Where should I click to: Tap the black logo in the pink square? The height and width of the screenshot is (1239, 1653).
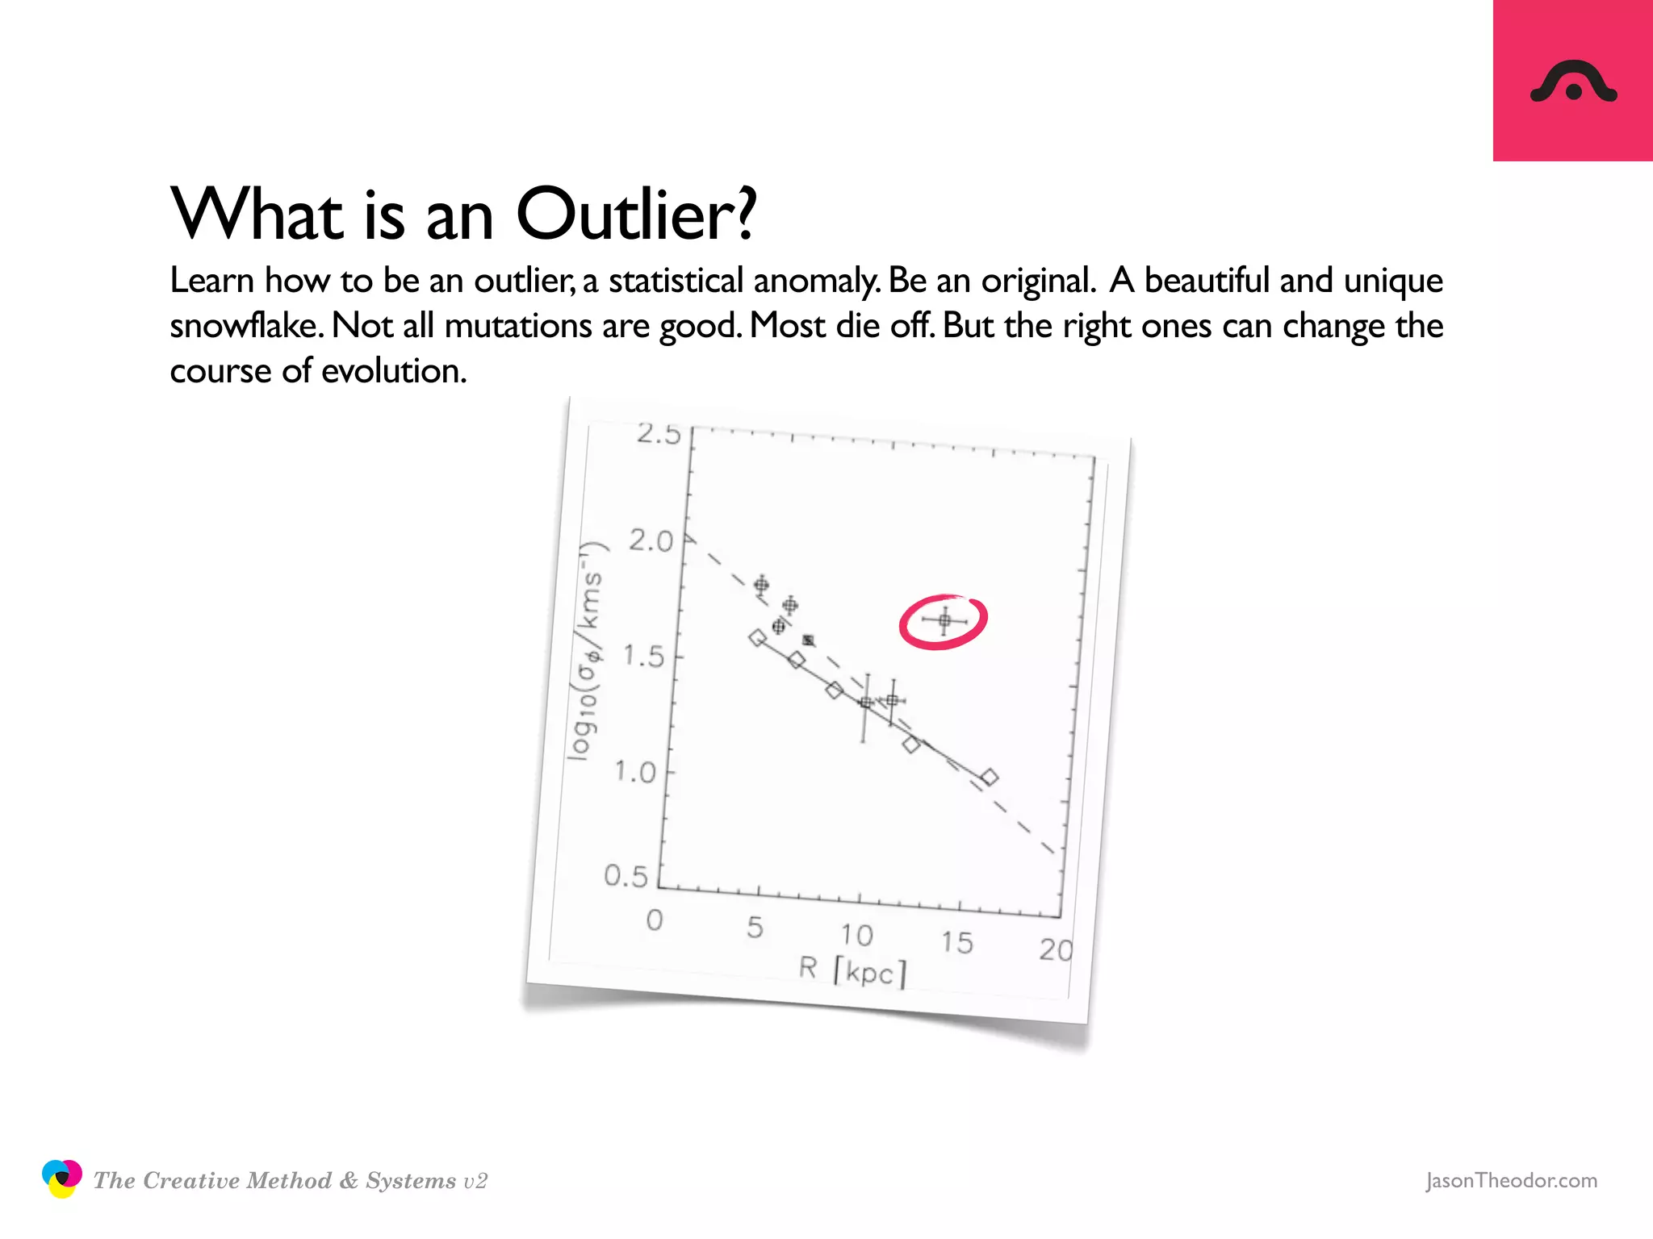pos(1573,83)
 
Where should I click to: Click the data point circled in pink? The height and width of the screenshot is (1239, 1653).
pos(944,620)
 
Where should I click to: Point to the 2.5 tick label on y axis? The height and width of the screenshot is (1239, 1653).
pos(659,434)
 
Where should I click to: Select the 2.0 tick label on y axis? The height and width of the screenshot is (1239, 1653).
pos(651,541)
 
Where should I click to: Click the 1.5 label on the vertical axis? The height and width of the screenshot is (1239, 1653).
pos(643,657)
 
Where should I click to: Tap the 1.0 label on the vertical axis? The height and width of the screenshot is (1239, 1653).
pos(635,772)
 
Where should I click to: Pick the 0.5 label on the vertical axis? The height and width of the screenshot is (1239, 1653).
pos(626,876)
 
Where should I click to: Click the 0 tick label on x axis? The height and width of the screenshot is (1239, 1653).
pos(655,920)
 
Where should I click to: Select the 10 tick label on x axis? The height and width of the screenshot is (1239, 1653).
pos(856,936)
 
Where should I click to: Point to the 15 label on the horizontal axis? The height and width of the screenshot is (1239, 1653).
pos(956,943)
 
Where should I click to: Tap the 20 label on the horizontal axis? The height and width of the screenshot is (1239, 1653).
pos(1056,950)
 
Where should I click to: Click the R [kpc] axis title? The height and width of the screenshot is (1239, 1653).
pos(853,970)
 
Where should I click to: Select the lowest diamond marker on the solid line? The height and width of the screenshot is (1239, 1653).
pos(990,778)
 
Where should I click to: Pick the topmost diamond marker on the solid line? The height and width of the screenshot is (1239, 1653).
pos(757,638)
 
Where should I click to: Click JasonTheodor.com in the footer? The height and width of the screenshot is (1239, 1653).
pos(1511,1180)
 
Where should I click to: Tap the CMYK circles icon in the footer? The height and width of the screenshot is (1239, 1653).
pos(61,1179)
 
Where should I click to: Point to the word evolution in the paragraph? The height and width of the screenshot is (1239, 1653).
pos(394,371)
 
